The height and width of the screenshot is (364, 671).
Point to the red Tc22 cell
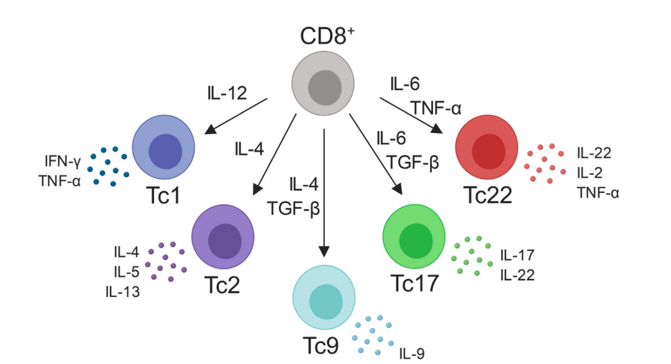pos(486,149)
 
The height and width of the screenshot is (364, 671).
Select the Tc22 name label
pos(488,195)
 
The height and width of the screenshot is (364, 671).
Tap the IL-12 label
pos(227,93)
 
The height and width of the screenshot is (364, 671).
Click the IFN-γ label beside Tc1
pos(62,162)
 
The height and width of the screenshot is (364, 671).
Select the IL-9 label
pos(413,353)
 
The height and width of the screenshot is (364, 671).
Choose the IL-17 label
pos(517,255)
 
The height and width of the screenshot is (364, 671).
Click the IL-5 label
pos(126,272)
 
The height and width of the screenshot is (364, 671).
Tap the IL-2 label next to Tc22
pos(587,173)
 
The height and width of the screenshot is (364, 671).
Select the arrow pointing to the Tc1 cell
pos(236,116)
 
